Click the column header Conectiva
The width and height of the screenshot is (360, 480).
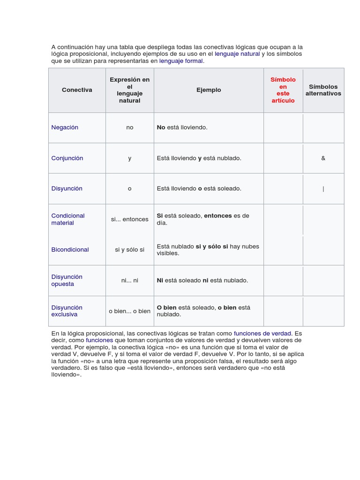pos(77,90)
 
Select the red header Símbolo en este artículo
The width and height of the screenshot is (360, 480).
pos(283,90)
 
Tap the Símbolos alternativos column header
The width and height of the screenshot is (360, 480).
pos(323,90)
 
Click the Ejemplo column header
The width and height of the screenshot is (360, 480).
pos(209,90)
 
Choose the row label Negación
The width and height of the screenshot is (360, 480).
pos(65,127)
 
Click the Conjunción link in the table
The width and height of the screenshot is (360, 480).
pos(67,158)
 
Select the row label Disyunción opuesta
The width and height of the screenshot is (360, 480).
pos(67,280)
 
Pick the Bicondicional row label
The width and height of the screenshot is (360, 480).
pos(70,250)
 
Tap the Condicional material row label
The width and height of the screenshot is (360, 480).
pos(68,219)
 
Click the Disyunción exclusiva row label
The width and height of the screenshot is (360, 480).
pos(67,311)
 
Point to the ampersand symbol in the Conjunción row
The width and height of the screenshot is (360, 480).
pos(323,158)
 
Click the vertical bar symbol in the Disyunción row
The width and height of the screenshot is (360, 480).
pos(323,189)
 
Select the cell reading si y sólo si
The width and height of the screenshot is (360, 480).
pos(130,250)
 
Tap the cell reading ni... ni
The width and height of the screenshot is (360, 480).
pos(130,280)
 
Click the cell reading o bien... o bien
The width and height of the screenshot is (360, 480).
pos(130,311)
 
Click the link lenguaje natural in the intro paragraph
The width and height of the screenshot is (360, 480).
pos(237,54)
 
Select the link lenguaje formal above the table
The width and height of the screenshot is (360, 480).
pos(181,61)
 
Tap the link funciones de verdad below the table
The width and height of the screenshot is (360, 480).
pos(262,333)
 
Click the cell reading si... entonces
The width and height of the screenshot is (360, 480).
pos(130,219)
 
